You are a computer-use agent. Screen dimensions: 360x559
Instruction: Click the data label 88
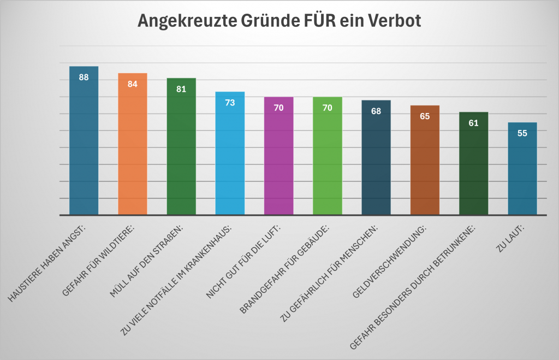pos(84,77)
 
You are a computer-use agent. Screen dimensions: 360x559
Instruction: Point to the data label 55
pos(522,133)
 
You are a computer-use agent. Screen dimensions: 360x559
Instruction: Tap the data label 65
pos(425,116)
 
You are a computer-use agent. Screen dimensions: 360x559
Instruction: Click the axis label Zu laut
pos(509,240)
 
